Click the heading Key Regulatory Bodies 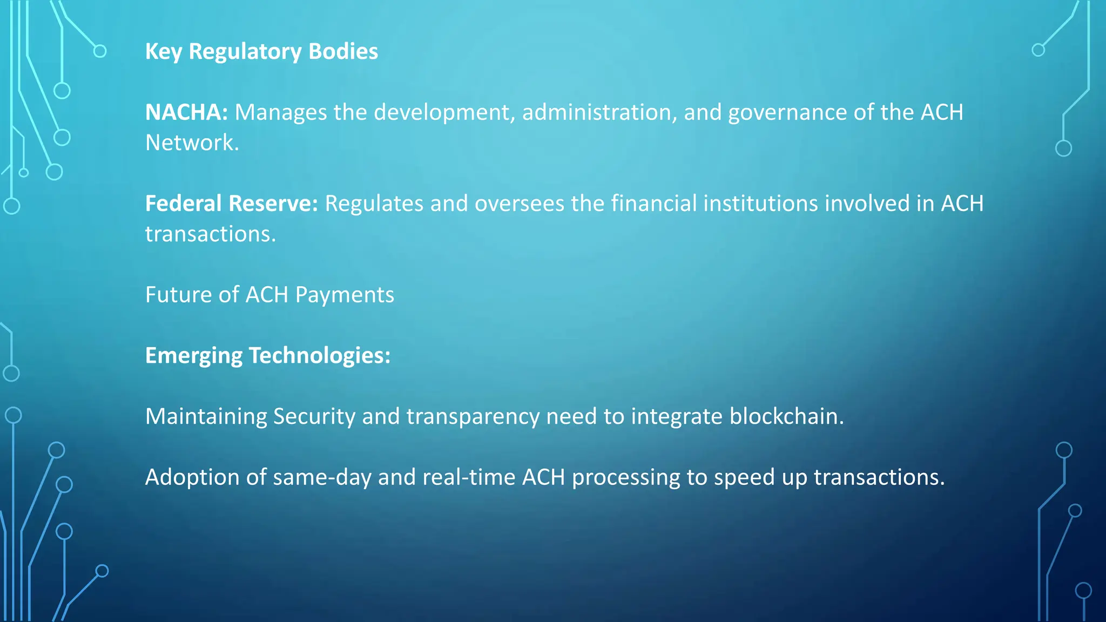[261, 52]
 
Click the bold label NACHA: [186, 112]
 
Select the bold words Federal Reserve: [232, 204]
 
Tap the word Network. [192, 143]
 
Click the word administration [599, 112]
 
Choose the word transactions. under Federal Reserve [211, 234]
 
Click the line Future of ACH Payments [269, 295]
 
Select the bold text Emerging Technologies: [267, 356]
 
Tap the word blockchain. [786, 416]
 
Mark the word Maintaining [206, 417]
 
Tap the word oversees [519, 204]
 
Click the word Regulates [374, 204]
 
